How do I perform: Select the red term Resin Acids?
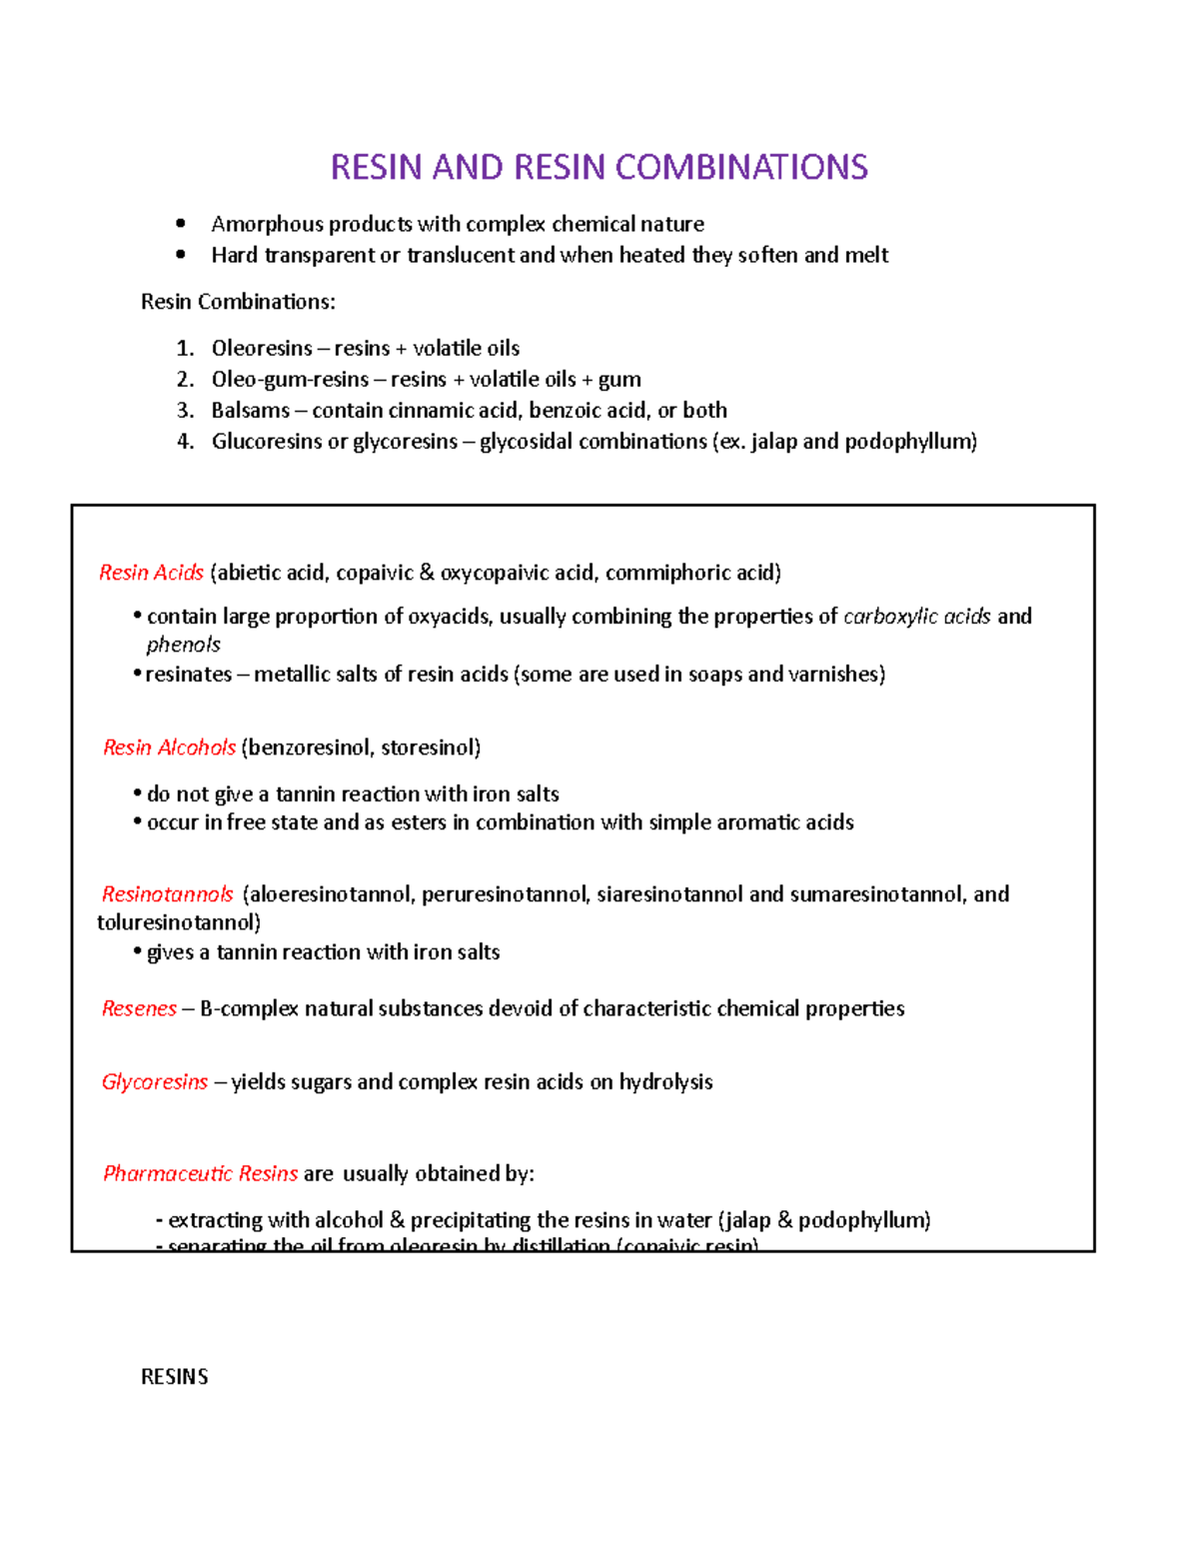tap(151, 573)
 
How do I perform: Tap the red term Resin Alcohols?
tap(169, 748)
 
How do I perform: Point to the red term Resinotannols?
tap(167, 894)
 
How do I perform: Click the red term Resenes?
tap(139, 1008)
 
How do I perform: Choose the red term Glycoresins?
tap(155, 1082)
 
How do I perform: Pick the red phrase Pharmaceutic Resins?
tap(200, 1173)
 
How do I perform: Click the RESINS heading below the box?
tap(174, 1377)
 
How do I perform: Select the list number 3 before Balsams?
tap(184, 411)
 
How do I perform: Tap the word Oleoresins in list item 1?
tap(262, 349)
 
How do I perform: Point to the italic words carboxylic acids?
tap(916, 617)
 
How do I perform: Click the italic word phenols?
tap(183, 645)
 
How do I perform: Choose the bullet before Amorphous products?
tap(180, 224)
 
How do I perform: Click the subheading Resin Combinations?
tap(238, 302)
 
